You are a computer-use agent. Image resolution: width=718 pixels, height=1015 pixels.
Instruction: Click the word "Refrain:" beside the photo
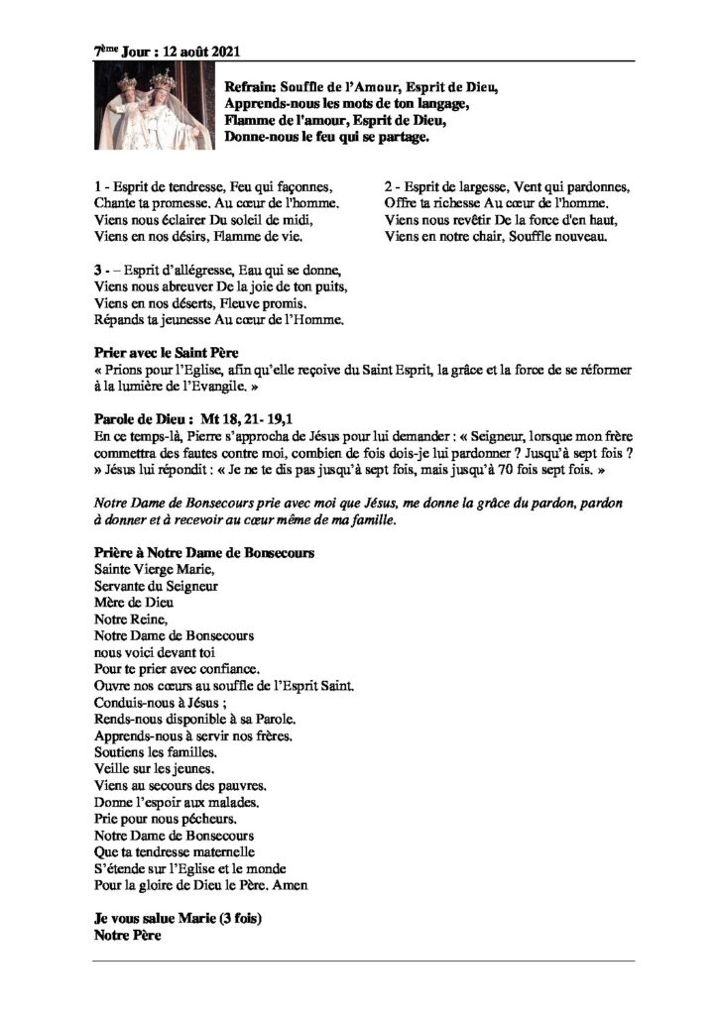[252, 86]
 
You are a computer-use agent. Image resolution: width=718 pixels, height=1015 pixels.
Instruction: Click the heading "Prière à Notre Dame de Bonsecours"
[202, 551]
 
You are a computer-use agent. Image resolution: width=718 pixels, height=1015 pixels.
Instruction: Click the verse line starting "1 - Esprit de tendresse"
[211, 186]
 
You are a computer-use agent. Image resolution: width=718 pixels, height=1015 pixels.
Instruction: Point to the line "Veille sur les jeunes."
[152, 768]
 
